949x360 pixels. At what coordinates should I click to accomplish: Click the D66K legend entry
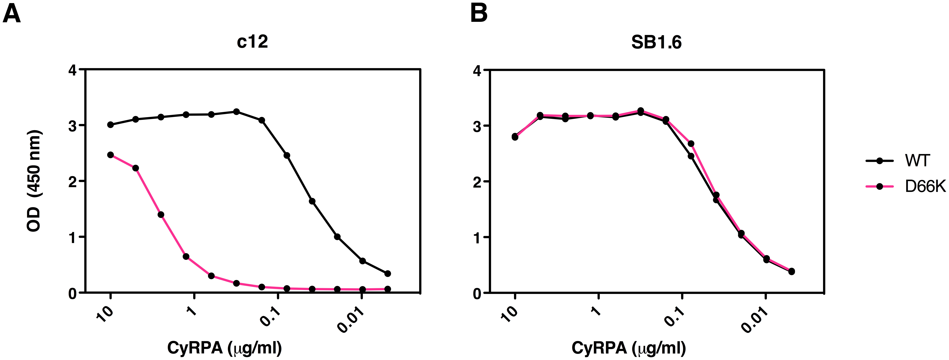coord(925,187)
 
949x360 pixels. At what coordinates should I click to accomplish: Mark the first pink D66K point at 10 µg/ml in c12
coord(111,155)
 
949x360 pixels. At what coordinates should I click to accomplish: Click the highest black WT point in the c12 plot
coord(237,112)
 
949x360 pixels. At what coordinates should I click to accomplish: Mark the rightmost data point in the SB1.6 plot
coord(791,272)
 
